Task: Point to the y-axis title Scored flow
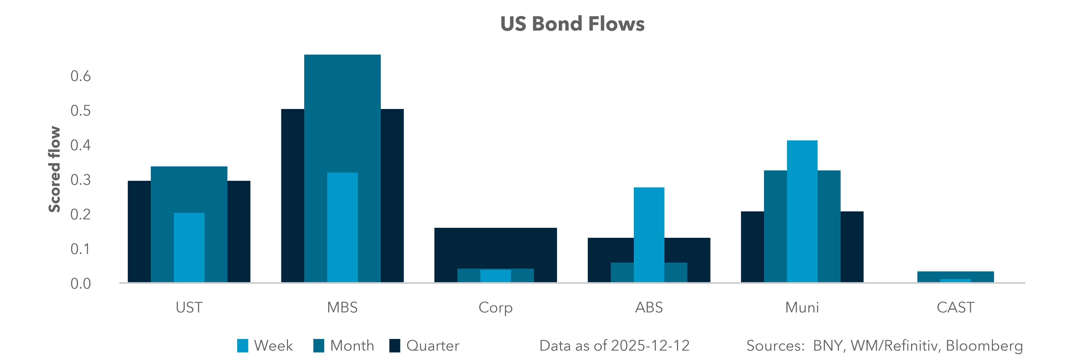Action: coord(55,169)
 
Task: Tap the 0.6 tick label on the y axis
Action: coord(80,76)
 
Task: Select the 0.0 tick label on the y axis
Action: coord(80,284)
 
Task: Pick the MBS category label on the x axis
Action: coord(342,308)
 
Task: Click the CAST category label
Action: coord(955,308)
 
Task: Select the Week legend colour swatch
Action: coord(242,346)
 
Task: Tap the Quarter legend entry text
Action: coord(433,346)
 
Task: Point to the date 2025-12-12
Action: coord(650,346)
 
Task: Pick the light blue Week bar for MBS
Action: coord(342,226)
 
